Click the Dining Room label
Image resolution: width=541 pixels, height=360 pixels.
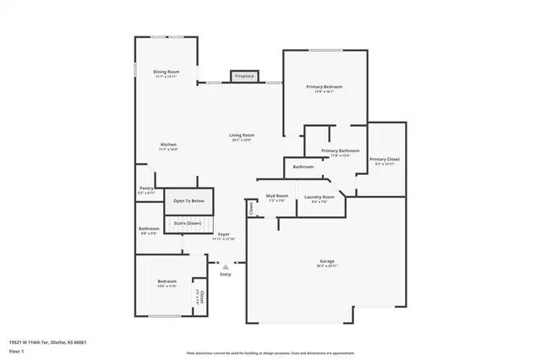[x=166, y=73]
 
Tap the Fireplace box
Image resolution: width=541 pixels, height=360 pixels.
[x=244, y=77]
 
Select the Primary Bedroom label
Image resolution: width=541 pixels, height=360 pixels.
[x=325, y=88]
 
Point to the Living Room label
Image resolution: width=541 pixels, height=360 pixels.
[x=243, y=136]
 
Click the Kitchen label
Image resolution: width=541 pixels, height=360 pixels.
[x=168, y=145]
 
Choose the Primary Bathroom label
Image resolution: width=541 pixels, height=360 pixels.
[x=340, y=151]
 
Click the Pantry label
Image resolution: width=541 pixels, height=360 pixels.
[x=146, y=190]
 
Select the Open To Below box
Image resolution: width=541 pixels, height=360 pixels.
[x=189, y=201]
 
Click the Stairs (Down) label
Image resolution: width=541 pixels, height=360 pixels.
[x=188, y=223]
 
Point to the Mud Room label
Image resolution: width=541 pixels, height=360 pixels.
[x=277, y=197]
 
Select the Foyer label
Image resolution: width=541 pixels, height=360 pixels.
[x=223, y=235]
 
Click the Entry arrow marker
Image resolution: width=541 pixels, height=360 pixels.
[x=225, y=265]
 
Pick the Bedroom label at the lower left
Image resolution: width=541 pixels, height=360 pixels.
[x=167, y=282]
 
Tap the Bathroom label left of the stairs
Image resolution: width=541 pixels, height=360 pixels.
[x=149, y=230]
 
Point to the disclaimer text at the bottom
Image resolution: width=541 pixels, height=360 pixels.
[x=270, y=352]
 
